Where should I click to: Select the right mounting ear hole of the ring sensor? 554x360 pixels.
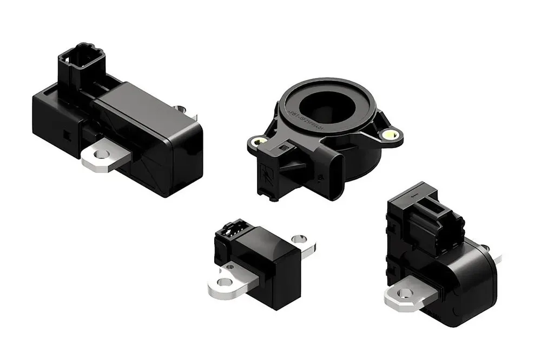click(x=390, y=134)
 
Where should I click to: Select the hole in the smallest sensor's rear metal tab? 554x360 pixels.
click(x=297, y=238)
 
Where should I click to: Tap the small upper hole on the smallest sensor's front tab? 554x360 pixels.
click(x=230, y=266)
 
